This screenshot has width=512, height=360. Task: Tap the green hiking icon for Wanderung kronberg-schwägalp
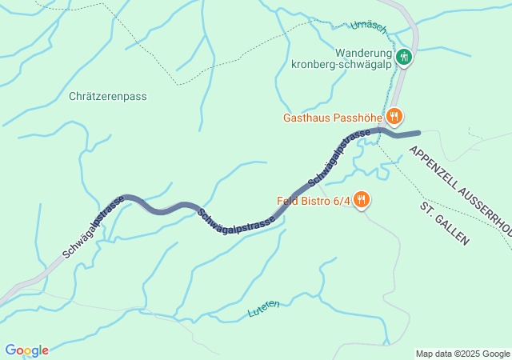pyautogui.click(x=405, y=56)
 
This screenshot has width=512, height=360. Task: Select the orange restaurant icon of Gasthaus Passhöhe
pyautogui.click(x=394, y=117)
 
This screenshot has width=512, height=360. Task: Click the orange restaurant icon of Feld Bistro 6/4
pyautogui.click(x=362, y=199)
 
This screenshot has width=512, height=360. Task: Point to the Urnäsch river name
pyautogui.click(x=370, y=27)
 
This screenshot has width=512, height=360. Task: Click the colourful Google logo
pyautogui.click(x=26, y=350)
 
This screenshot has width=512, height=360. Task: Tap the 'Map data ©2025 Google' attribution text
pyautogui.click(x=462, y=354)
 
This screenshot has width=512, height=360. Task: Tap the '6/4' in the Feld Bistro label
pyautogui.click(x=341, y=201)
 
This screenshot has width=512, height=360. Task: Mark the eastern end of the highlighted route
pyautogui.click(x=418, y=133)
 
